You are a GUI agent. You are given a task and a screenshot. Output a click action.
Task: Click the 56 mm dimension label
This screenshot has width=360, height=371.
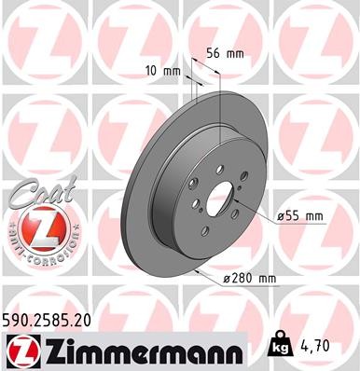pyautogui.click(x=225, y=54)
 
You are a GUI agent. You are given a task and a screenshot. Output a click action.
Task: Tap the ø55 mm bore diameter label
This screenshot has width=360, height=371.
pyautogui.click(x=299, y=216)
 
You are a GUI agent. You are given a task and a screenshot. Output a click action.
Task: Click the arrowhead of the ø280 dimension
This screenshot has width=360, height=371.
pyautogui.click(x=201, y=270)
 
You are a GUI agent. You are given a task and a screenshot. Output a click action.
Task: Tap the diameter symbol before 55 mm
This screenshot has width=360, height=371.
pyautogui.click(x=281, y=216)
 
